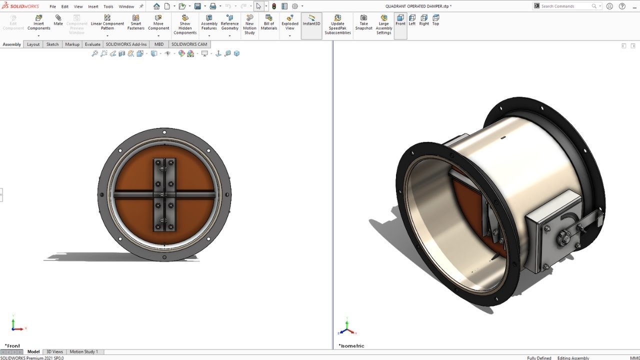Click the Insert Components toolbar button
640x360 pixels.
[38, 23]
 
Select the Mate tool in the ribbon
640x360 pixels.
[58, 20]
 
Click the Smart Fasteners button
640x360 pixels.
[135, 23]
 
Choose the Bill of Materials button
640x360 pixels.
[268, 23]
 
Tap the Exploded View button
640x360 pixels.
[289, 23]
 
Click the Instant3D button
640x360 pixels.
[311, 20]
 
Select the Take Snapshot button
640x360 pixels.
[363, 23]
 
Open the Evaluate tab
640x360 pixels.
[92, 44]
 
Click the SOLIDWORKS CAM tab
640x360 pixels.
[189, 44]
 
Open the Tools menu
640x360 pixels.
[108, 6]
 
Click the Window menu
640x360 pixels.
[126, 6]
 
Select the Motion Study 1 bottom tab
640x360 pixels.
[83, 352]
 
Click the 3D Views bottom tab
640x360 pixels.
[54, 352]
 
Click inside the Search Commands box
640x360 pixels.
[565, 6]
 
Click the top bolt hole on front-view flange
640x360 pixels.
[164, 132]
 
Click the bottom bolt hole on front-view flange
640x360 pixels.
[164, 257]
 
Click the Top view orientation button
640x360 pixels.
[435, 20]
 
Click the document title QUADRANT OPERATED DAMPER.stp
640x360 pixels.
[418, 6]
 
